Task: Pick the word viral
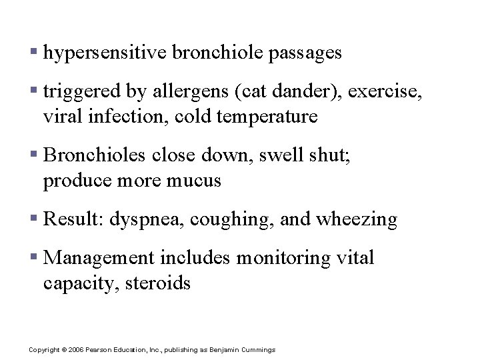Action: coord(62,117)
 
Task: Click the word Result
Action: coord(72,219)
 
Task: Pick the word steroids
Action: coord(162,283)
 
